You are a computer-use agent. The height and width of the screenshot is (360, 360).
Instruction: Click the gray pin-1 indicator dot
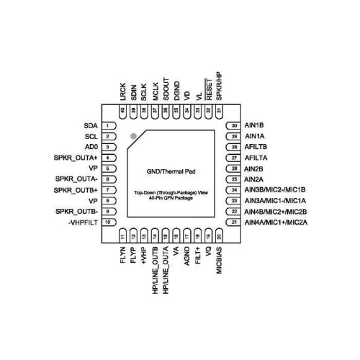coord(133,136)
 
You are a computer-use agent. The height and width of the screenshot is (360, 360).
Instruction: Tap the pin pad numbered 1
coord(109,125)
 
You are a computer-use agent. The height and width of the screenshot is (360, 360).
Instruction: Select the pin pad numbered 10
coord(109,222)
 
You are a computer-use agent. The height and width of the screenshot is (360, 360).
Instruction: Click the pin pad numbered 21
coord(233,222)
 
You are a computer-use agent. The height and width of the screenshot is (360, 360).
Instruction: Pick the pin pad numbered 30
coord(233,125)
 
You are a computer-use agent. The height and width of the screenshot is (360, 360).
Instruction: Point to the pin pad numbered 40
coord(122,112)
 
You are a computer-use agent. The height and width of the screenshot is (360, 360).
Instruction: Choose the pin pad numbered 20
coord(219,235)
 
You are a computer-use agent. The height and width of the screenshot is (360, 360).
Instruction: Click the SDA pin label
coord(91,125)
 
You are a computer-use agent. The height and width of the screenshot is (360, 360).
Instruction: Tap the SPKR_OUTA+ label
coord(76,158)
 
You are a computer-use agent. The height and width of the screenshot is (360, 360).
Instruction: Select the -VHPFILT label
coord(83,222)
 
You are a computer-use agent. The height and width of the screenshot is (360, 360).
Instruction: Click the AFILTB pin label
coord(256,147)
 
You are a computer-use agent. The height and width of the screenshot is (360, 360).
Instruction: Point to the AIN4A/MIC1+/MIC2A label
coord(276,222)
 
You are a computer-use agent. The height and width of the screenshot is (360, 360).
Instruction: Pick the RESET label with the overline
coord(209,89)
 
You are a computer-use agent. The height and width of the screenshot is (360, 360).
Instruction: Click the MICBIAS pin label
coord(219,261)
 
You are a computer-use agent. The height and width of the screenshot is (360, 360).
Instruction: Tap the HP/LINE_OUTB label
coord(155,270)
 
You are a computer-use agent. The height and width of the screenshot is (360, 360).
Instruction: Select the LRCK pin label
coord(123,91)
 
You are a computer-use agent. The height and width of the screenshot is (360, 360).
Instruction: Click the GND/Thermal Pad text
coord(171,171)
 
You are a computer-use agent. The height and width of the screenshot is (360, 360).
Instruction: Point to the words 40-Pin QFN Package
coord(171,198)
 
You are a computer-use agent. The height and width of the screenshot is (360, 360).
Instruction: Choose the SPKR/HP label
coord(219,86)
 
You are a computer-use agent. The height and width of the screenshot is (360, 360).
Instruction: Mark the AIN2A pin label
coord(253,179)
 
